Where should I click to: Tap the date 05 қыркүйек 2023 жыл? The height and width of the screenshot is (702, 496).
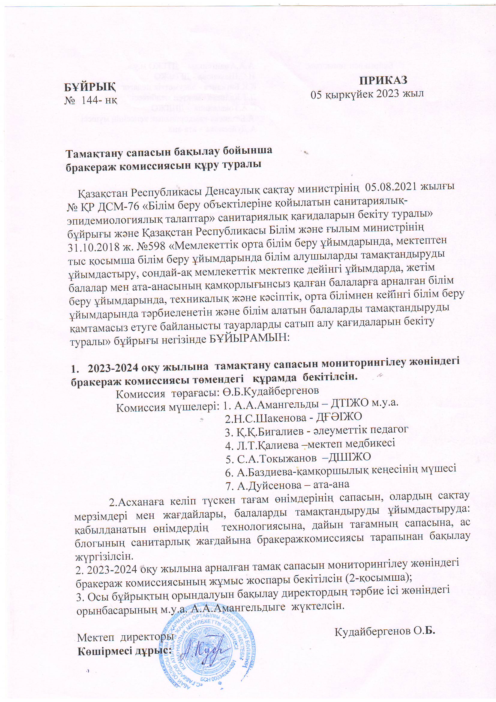tap(367, 94)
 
